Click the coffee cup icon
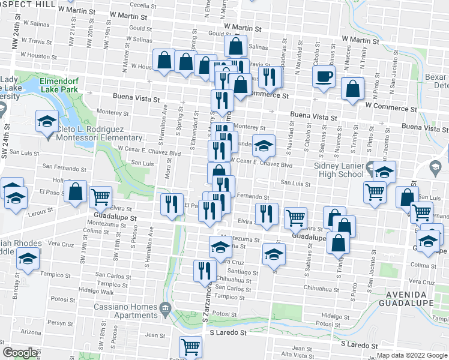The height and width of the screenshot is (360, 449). (324, 77)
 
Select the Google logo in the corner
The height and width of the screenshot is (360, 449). (20, 353)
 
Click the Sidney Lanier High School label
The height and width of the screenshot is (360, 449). (339, 170)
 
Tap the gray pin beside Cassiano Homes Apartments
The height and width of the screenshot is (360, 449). (165, 310)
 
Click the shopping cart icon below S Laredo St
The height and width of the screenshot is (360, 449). (190, 347)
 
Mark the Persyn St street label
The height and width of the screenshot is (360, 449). (61, 322)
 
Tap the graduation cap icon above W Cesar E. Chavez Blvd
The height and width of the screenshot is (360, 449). (263, 146)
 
